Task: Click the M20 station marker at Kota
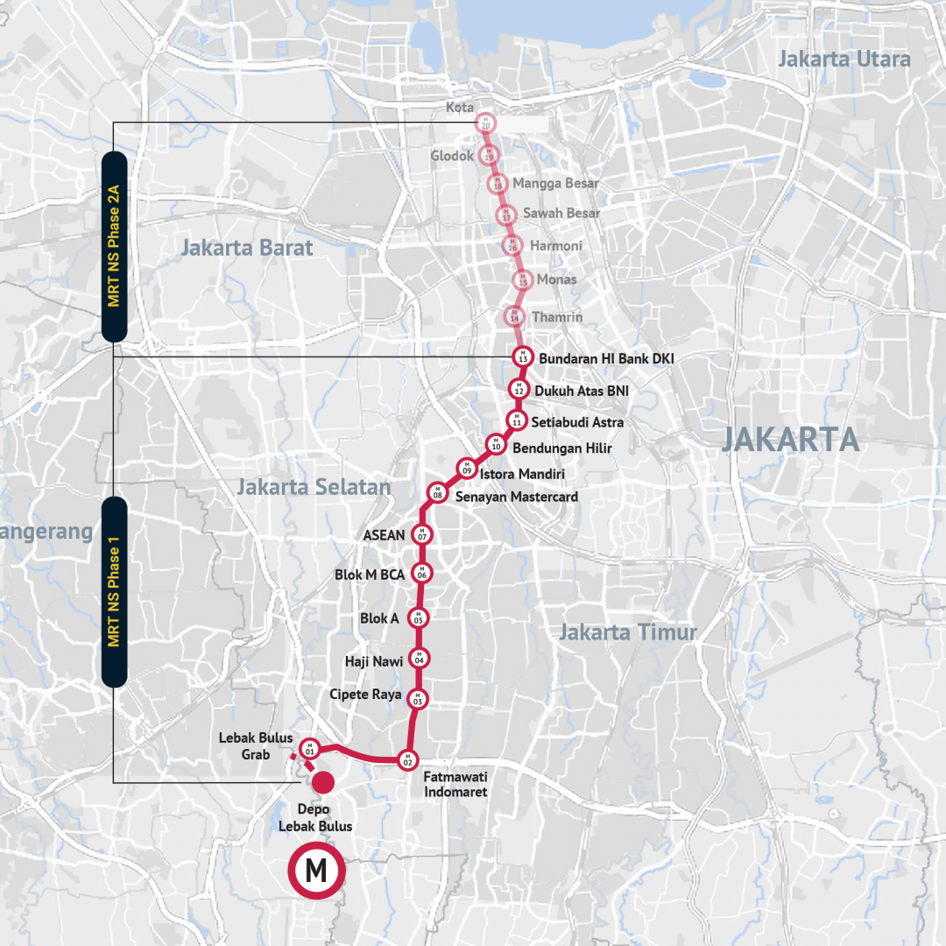485,124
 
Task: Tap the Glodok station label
452,156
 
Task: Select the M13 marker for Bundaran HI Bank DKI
522,357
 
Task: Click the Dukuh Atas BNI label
582,390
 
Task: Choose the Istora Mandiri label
523,474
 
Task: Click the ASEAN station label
385,535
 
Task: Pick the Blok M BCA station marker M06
421,574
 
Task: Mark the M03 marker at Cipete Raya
418,699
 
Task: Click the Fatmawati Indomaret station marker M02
406,759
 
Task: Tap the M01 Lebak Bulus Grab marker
308,749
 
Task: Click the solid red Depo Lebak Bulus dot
324,781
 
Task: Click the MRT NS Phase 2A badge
115,246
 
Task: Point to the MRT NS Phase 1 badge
115,592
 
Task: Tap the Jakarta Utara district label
844,60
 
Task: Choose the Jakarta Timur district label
628,632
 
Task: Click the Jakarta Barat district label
246,248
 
